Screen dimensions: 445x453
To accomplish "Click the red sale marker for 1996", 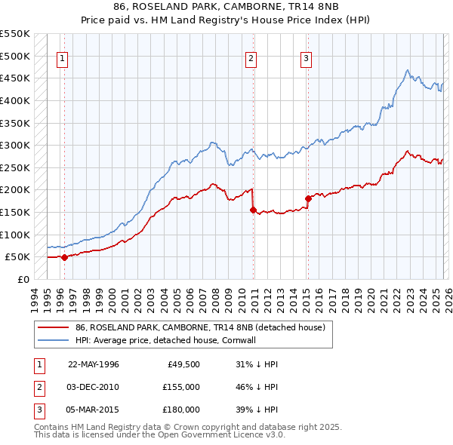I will (64, 257).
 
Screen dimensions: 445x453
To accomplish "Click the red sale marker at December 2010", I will (253, 210).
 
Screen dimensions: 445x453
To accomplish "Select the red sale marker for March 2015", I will (308, 199).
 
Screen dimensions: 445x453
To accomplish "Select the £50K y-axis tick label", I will (18, 256).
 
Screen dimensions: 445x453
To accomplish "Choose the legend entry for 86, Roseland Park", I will (199, 327).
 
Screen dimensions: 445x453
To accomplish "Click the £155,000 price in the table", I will (181, 387).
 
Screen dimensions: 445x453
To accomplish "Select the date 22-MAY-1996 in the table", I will (93, 364).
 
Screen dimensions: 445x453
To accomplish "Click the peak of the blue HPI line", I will (407, 71).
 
